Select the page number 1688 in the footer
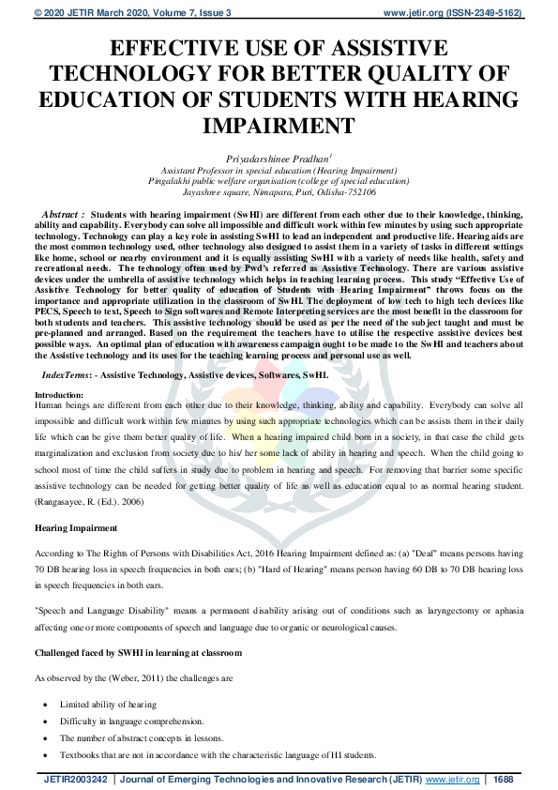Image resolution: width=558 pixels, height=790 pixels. (504, 779)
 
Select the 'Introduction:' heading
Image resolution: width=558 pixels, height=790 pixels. (58, 396)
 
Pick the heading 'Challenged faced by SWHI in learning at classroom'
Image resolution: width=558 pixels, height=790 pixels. (138, 651)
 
